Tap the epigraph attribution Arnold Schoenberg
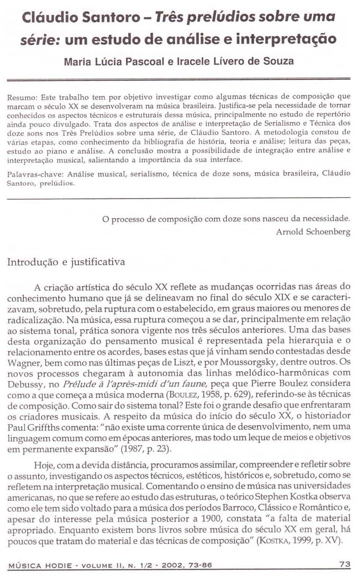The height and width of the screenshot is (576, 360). [x=313, y=232]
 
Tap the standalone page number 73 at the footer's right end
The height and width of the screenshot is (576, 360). [x=345, y=564]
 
